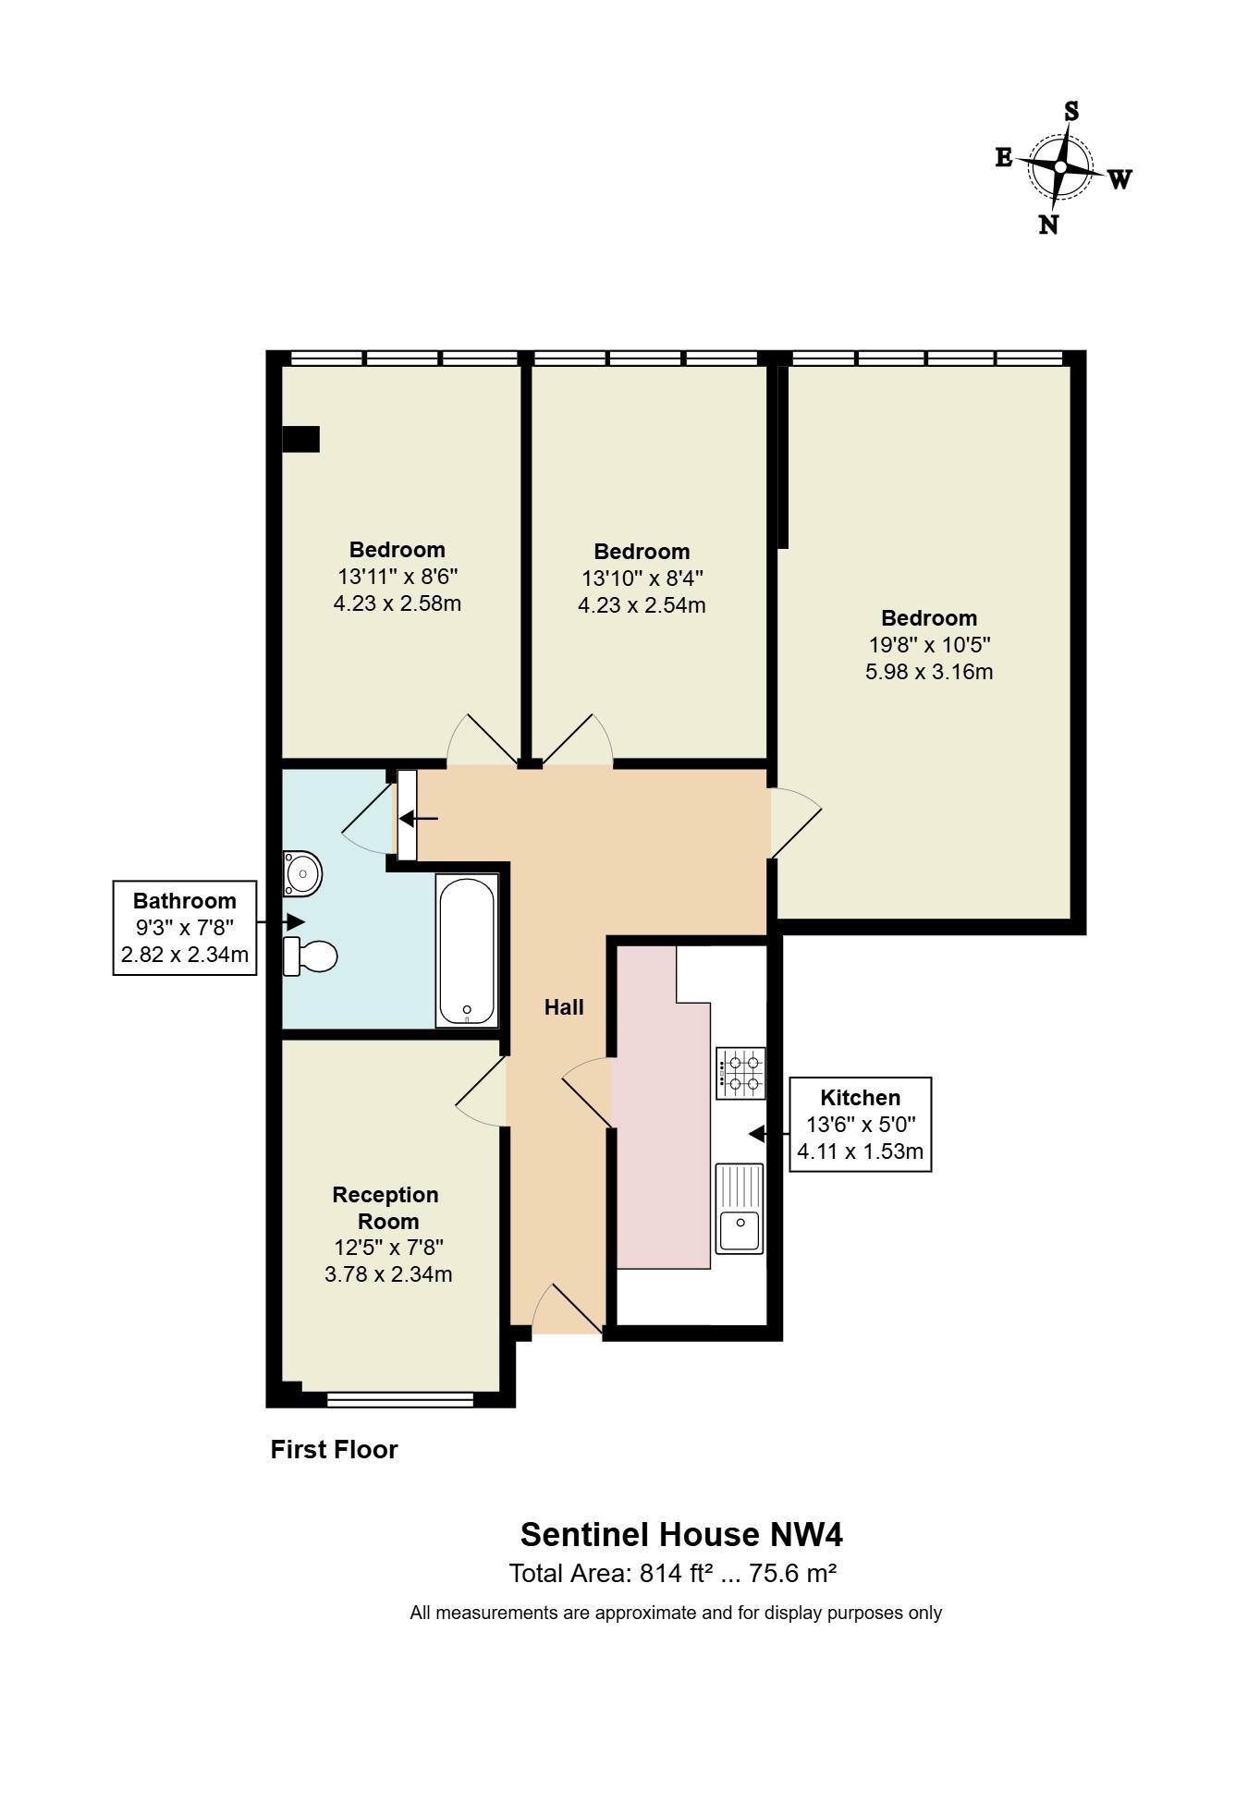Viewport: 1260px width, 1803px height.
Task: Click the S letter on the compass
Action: coord(1071,112)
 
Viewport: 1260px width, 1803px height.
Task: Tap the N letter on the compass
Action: coord(1048,225)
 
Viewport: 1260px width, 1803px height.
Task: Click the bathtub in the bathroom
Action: coord(467,951)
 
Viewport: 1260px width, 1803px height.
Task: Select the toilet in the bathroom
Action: coord(311,956)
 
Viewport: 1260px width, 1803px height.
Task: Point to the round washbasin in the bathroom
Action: coord(302,873)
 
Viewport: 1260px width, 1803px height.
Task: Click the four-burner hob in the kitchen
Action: coord(740,1073)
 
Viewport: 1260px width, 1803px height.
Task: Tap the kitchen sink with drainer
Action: coord(740,1208)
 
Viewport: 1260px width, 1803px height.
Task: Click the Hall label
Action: coord(564,1007)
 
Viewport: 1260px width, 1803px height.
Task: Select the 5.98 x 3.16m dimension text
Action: coord(929,672)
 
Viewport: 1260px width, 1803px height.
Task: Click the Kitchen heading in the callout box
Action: coord(860,1098)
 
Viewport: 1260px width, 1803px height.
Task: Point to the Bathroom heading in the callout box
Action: coord(185,901)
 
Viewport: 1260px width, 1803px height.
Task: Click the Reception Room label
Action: coord(385,1208)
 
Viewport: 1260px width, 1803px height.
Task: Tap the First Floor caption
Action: coord(334,1449)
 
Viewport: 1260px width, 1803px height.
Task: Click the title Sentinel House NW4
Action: coord(681,1534)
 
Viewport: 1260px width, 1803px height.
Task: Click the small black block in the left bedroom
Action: coord(300,439)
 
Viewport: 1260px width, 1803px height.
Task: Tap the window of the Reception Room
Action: coord(399,1400)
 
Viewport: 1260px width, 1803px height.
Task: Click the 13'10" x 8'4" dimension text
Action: coord(642,579)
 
